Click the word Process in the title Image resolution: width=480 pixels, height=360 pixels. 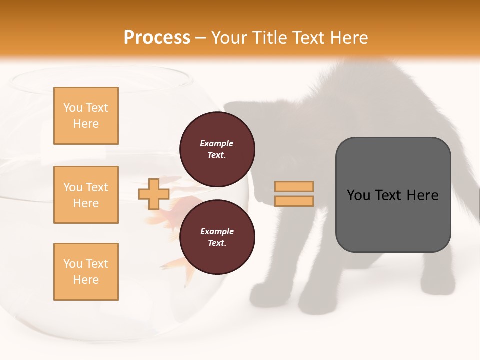pos(157,38)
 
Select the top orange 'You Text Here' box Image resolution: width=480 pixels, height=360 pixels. pos(86,116)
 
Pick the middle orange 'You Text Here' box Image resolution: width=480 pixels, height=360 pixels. pos(86,195)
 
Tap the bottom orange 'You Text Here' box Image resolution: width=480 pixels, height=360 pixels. pos(86,272)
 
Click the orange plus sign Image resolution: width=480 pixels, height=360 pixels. pos(153,194)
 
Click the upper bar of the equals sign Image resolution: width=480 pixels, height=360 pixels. pos(294,186)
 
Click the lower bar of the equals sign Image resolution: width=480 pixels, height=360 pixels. pos(294,201)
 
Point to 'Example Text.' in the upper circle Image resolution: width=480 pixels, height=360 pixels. pos(217,149)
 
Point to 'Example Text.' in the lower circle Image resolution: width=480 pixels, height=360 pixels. pos(217,237)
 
